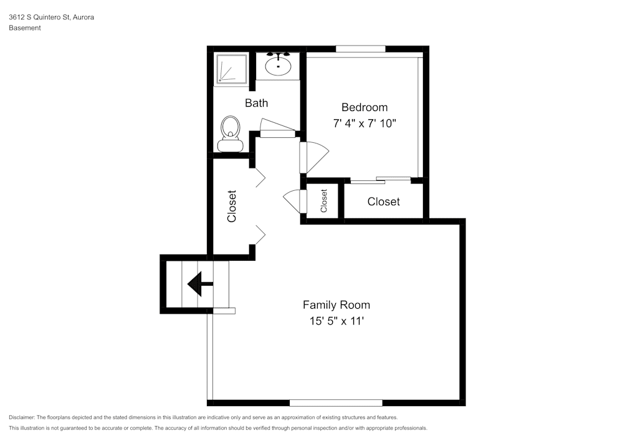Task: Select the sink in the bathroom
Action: pos(278,64)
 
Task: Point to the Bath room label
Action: pos(256,103)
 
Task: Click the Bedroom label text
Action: pos(364,107)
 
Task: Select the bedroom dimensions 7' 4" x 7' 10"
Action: pos(364,124)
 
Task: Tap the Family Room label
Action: pos(336,305)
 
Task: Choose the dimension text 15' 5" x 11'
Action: pos(336,322)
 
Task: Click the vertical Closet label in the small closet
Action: pos(324,201)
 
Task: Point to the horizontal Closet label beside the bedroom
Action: pos(384,201)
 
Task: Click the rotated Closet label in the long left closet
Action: pos(232,206)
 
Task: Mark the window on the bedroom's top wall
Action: pos(361,49)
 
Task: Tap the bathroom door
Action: pos(277,128)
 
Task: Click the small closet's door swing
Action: pos(293,201)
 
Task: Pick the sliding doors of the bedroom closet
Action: pos(380,180)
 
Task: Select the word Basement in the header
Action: pos(25,28)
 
